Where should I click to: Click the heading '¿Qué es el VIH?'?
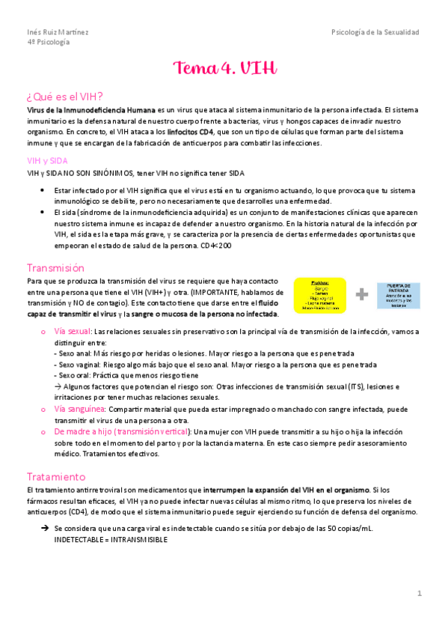tap(64, 96)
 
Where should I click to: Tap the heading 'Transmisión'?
tap(55, 267)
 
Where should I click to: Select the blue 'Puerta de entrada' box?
tap(398, 295)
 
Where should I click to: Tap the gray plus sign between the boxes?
tap(362, 294)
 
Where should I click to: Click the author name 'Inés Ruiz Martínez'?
tap(57, 32)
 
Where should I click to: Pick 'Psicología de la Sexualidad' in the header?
tap(375, 32)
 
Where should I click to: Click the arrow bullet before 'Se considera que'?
tap(46, 528)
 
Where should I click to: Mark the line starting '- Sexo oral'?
tap(126, 375)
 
